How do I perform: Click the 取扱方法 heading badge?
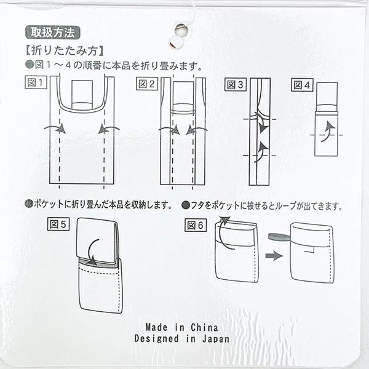click(x=53, y=33)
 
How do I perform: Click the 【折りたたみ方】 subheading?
click(x=65, y=51)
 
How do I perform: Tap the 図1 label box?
click(x=36, y=82)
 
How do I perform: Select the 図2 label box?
click(x=147, y=84)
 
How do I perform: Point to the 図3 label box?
click(x=236, y=85)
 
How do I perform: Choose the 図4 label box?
click(x=302, y=85)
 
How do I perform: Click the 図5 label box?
click(x=58, y=224)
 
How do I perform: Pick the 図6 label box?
click(x=196, y=226)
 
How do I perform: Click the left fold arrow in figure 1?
click(x=55, y=127)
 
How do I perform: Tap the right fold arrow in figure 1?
click(x=109, y=129)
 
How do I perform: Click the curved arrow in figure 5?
click(x=90, y=252)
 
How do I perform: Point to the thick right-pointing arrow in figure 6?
click(x=274, y=255)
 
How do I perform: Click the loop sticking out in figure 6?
click(x=280, y=237)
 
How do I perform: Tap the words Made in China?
click(x=181, y=327)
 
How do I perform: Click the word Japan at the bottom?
click(x=216, y=339)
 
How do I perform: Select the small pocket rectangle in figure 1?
click(x=82, y=95)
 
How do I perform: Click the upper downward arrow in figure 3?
click(x=261, y=122)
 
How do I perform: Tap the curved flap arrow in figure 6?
click(x=223, y=232)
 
